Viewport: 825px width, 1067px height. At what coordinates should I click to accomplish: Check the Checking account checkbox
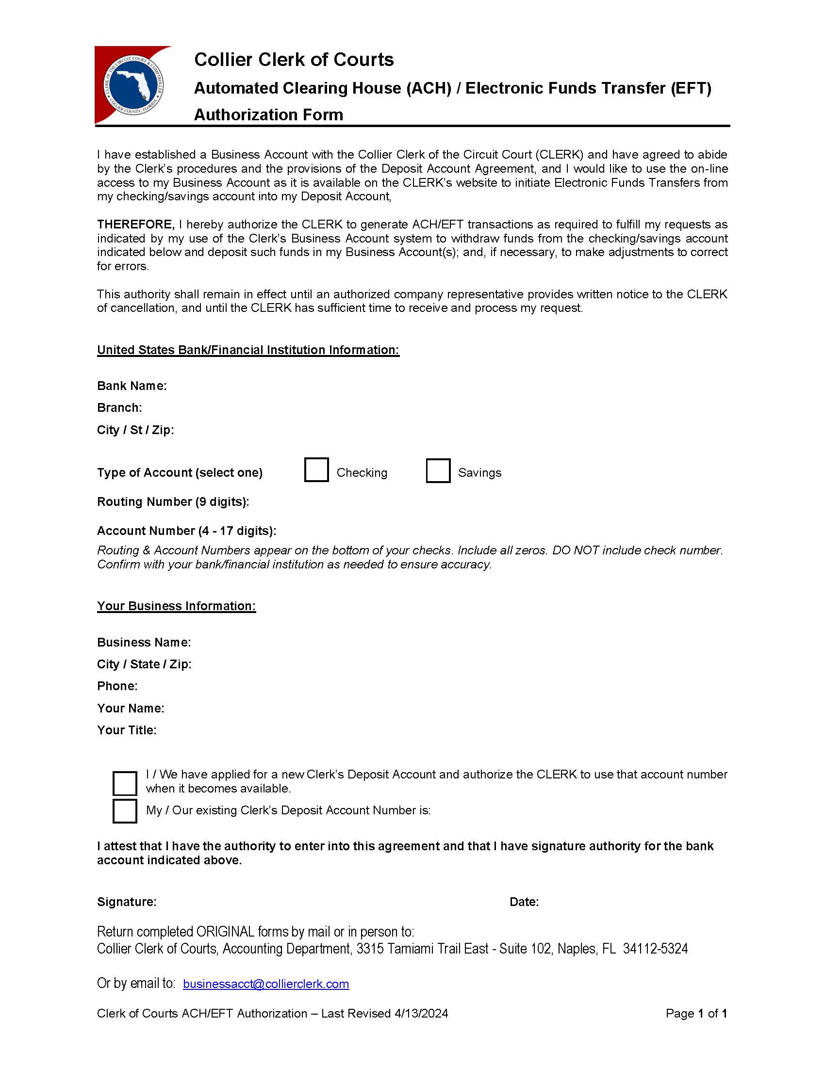point(316,470)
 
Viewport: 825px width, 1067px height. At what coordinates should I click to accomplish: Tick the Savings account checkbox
point(438,470)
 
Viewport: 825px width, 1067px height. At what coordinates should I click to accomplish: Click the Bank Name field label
point(132,386)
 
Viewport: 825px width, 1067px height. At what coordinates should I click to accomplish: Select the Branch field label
point(119,408)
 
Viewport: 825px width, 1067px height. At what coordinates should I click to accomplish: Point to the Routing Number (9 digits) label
point(173,502)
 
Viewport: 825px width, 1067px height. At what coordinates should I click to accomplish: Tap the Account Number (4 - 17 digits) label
point(187,531)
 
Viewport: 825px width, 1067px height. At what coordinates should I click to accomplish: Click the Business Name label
point(144,643)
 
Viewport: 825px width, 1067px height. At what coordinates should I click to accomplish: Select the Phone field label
point(117,686)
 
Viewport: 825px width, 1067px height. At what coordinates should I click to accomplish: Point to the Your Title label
point(127,730)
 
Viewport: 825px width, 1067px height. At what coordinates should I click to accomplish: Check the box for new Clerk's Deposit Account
point(125,783)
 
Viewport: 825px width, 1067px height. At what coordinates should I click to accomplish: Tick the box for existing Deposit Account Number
point(125,811)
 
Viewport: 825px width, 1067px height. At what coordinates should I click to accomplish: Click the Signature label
point(127,902)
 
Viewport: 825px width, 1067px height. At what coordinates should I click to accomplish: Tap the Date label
point(524,902)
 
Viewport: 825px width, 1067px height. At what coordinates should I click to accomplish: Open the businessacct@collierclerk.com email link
point(266,984)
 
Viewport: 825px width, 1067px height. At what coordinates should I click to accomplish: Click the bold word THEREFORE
point(135,224)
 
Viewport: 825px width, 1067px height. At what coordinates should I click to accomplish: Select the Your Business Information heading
point(177,606)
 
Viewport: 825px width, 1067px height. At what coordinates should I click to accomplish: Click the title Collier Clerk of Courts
point(294,60)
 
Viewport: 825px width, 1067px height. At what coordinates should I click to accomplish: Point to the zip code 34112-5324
point(655,949)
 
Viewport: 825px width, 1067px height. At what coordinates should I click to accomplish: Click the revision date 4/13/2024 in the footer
point(421,1014)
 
